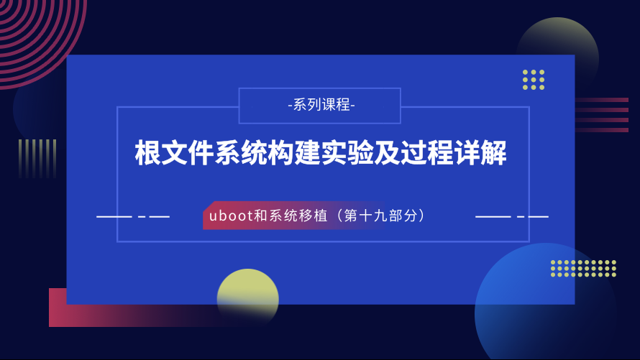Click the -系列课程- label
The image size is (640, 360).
coord(321,105)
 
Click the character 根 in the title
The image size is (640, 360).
coord(147,153)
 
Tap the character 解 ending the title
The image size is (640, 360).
coord(494,153)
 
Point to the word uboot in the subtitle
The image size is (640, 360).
coord(231,216)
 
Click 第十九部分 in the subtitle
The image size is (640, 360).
coord(380,216)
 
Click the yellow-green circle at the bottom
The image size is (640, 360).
coord(248,295)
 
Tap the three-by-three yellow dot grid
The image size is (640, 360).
coord(534,80)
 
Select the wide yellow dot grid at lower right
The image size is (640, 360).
coord(583,268)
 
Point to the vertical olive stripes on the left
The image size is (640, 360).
coord(37,159)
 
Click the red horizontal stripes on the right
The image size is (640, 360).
coord(602,115)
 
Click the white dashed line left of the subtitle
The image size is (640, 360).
coord(133,216)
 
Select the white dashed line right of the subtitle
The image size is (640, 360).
coord(512,216)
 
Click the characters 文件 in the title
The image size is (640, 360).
coord(188,153)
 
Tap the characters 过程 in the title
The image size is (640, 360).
coord(427,153)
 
